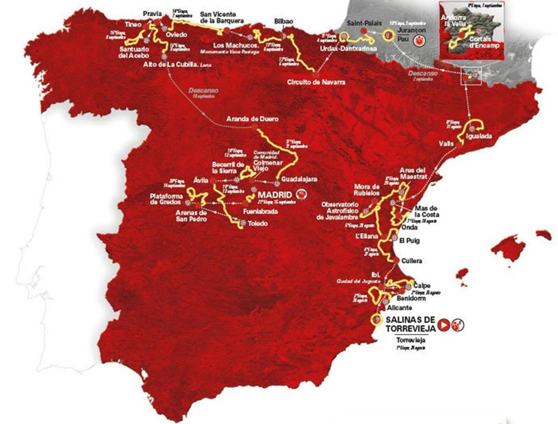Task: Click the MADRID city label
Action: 276,194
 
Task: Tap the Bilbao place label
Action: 284,22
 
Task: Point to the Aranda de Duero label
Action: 252,119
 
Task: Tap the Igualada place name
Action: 483,137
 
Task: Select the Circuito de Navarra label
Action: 316,82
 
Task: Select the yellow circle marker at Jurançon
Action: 389,34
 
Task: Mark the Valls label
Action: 445,144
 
